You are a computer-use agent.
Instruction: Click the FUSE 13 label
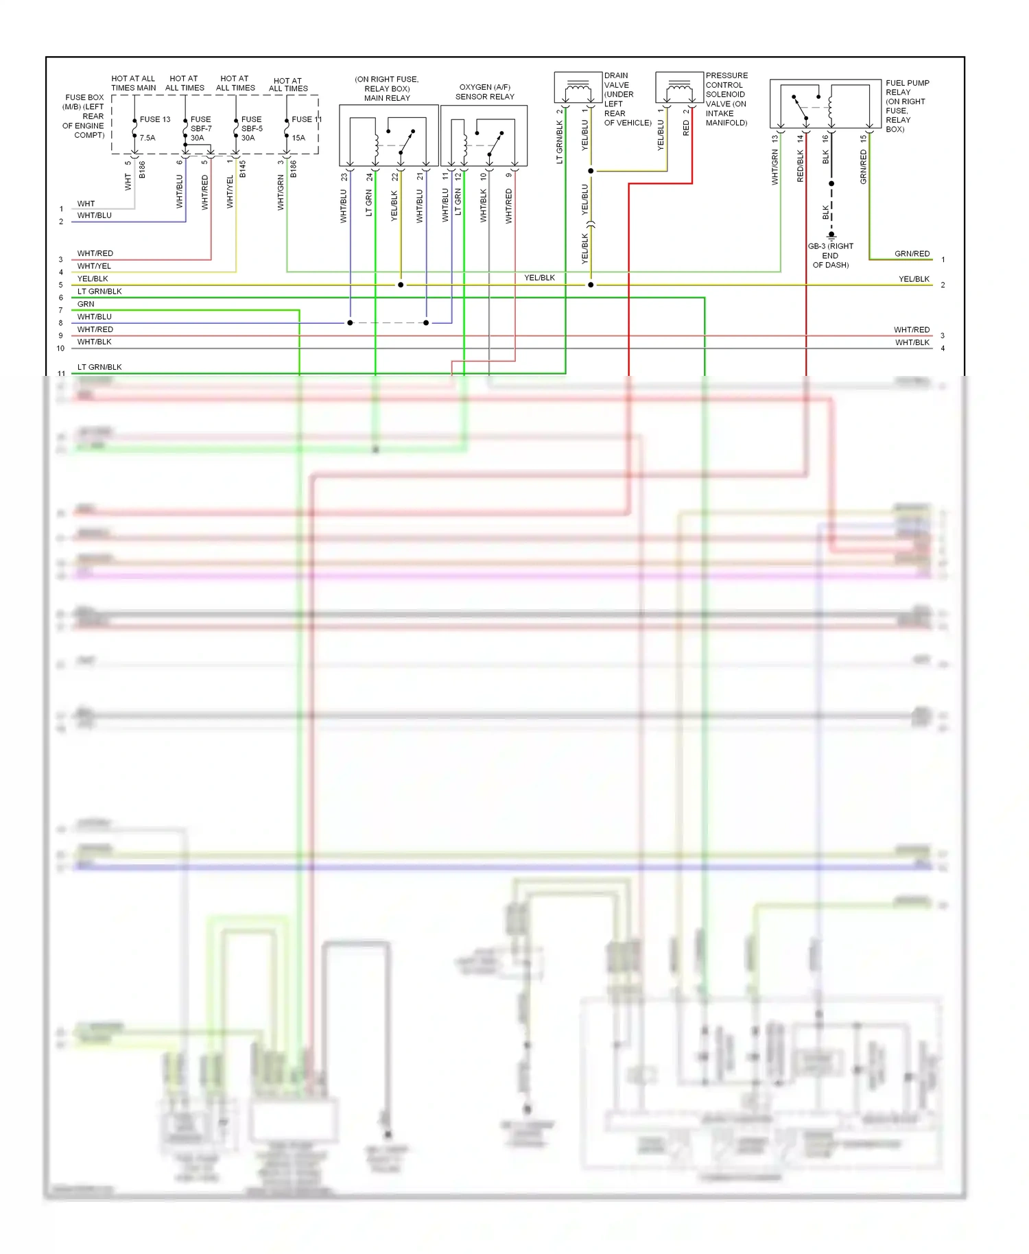click(155, 119)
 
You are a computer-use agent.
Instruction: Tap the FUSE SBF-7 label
click(200, 128)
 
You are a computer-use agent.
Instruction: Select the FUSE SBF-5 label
click(251, 128)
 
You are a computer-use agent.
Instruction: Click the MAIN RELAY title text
click(387, 98)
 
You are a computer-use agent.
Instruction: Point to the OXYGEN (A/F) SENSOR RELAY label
click(485, 92)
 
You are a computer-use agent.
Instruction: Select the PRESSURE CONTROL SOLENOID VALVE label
click(726, 99)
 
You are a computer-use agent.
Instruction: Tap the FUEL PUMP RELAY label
click(907, 106)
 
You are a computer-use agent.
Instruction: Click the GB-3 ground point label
click(831, 255)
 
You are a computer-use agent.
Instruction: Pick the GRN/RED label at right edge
click(912, 254)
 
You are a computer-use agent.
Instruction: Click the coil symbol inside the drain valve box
click(578, 86)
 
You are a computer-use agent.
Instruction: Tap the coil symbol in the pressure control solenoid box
click(679, 86)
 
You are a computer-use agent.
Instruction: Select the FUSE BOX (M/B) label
click(84, 116)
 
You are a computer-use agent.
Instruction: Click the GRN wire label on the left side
click(86, 304)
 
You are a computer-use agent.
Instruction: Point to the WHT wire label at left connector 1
click(86, 204)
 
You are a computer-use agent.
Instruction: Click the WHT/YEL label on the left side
click(94, 266)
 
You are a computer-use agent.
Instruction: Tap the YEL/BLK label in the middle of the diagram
click(539, 278)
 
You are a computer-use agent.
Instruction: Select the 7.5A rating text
click(147, 138)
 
